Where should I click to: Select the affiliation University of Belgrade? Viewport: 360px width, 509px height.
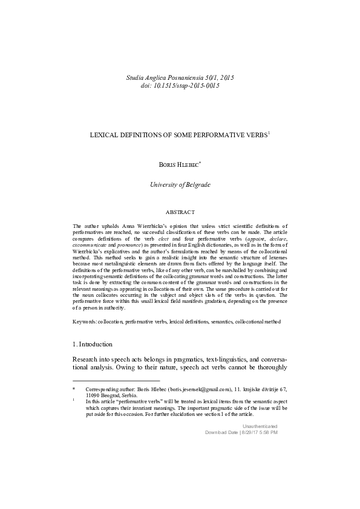(x=180, y=184)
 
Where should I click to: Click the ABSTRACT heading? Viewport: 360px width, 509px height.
(x=180, y=212)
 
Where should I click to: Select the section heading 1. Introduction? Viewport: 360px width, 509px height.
(x=92, y=344)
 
